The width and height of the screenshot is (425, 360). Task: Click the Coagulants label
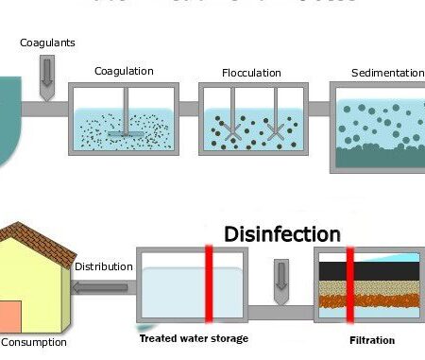pyautogui.click(x=47, y=43)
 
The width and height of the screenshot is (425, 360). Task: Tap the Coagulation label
pyautogui.click(x=124, y=71)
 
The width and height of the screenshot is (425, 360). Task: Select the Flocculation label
pyautogui.click(x=250, y=72)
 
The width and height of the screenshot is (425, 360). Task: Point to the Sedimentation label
pyautogui.click(x=387, y=72)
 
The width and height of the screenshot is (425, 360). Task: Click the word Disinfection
pyautogui.click(x=281, y=233)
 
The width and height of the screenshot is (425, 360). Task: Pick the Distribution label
pyautogui.click(x=103, y=266)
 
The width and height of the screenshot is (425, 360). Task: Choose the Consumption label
pyautogui.click(x=33, y=342)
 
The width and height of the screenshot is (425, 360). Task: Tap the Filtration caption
pyautogui.click(x=369, y=340)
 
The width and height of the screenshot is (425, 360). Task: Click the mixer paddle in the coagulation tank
pyautogui.click(x=125, y=132)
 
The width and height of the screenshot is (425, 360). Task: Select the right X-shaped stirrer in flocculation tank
pyautogui.click(x=276, y=133)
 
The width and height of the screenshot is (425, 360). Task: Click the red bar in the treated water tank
pyautogui.click(x=211, y=283)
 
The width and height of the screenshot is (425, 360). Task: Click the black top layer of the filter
pyautogui.click(x=368, y=270)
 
